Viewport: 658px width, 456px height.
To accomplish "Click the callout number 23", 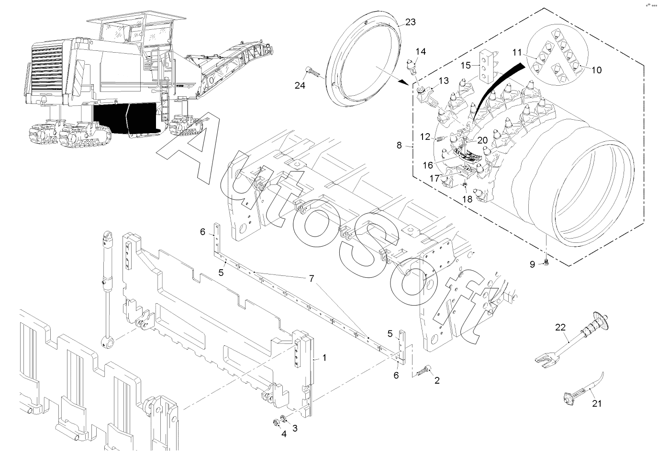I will (411, 22).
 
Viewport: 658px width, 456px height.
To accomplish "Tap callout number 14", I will (420, 51).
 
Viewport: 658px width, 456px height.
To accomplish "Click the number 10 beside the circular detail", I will (596, 70).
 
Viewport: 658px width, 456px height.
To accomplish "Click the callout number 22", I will (561, 328).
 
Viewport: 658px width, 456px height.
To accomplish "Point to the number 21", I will (596, 403).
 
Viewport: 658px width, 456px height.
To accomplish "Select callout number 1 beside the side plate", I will (324, 357).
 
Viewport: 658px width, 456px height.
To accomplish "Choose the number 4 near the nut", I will (284, 434).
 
